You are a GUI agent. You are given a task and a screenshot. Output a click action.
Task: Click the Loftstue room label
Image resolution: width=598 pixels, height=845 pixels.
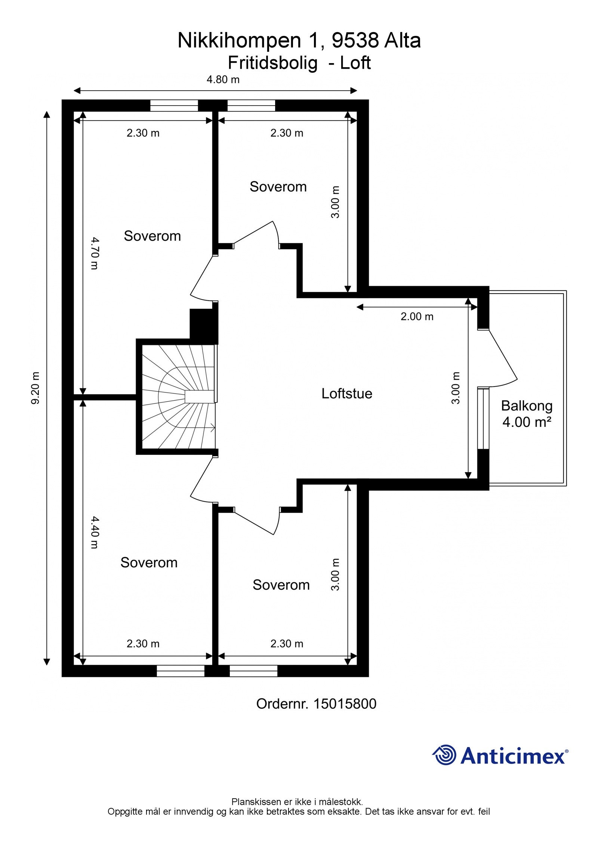tap(347, 394)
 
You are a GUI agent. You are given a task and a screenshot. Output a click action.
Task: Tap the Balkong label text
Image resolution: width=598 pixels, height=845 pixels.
tap(527, 406)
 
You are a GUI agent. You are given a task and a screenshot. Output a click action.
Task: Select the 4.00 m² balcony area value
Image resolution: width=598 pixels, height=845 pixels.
tap(527, 422)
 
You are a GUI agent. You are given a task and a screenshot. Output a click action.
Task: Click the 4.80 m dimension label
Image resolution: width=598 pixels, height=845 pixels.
tap(223, 80)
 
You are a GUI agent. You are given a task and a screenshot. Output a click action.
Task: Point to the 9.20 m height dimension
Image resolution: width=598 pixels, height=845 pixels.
tap(36, 388)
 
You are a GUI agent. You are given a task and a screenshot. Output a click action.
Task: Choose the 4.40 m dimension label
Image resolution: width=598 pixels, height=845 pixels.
tap(95, 532)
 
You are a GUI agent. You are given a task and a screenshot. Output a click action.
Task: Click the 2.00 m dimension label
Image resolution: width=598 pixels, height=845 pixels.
tap(417, 317)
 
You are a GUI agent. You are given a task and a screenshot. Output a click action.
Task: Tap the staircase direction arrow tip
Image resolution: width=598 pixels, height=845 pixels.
tap(215, 428)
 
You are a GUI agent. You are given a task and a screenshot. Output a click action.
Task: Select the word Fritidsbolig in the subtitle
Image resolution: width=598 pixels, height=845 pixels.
tap(273, 63)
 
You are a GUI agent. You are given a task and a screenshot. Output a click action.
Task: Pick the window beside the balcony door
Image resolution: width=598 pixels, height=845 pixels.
tap(483, 418)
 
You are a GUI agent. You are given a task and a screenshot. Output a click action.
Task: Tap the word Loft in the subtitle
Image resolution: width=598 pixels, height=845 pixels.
tap(355, 63)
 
